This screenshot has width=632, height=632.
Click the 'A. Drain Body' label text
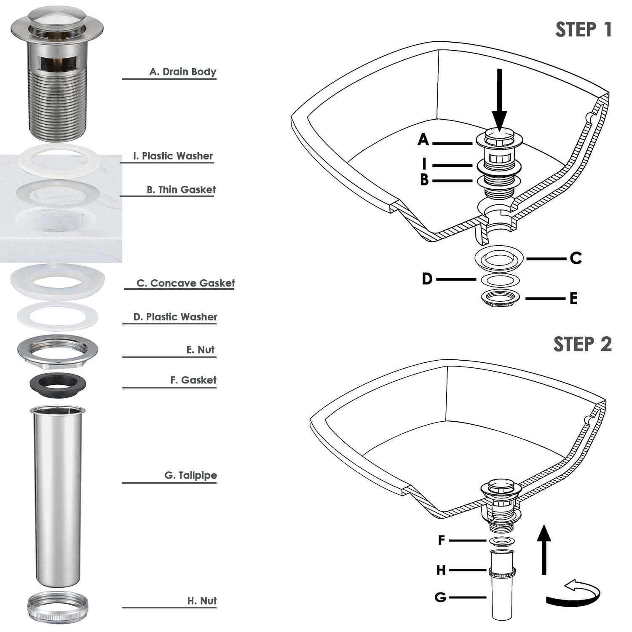tap(182, 72)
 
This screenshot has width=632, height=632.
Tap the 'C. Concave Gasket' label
tap(185, 283)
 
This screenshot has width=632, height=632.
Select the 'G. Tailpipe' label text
tap(190, 475)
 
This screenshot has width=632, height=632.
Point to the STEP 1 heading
tap(583, 30)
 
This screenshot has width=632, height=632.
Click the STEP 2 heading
tap(582, 344)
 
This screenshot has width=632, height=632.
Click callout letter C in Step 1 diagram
tap(576, 258)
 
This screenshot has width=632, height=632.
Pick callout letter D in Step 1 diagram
tap(427, 279)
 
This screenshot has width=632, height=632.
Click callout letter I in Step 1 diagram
tap(425, 163)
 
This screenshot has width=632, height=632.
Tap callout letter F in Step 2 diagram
tap(442, 540)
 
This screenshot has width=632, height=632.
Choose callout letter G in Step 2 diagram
tap(440, 597)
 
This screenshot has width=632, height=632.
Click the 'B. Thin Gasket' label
tap(181, 190)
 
